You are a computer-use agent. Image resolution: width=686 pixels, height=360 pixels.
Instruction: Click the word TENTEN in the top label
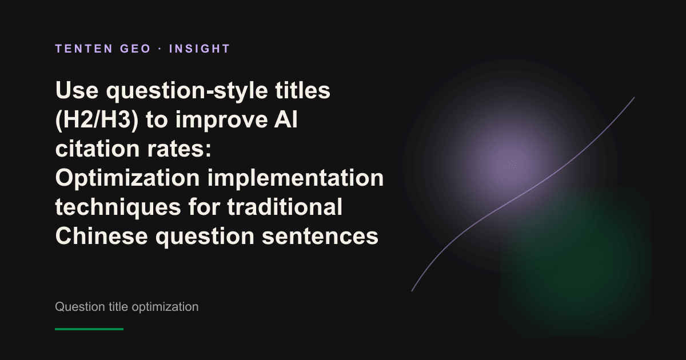coord(84,49)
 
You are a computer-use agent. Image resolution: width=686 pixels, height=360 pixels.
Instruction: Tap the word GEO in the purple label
coord(135,49)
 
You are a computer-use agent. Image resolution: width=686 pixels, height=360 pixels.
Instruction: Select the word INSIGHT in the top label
coord(200,49)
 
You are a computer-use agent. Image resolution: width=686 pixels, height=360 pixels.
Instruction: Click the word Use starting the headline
coord(77,90)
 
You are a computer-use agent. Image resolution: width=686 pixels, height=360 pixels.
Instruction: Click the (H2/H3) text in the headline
coord(97,119)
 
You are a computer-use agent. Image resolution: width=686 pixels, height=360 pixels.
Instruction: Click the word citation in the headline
coord(97,149)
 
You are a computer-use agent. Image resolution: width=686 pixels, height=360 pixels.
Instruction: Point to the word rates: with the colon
coord(179,149)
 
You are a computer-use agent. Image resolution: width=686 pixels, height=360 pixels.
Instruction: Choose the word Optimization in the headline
coord(127,178)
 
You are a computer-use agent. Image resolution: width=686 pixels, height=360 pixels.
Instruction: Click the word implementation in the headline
coord(296,178)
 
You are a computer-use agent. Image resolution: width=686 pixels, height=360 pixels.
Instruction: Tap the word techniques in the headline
coord(118,208)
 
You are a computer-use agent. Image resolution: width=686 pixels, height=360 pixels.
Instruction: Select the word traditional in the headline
coord(285,207)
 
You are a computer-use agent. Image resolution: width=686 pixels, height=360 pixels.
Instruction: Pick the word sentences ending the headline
coord(320,237)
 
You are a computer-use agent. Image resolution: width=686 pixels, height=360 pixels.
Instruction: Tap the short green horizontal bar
coord(89,329)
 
